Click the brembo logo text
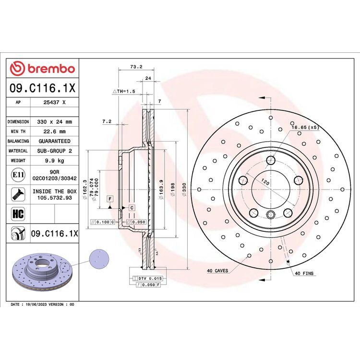(x=51, y=69)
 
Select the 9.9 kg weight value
(x=54, y=161)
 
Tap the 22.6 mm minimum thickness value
(x=54, y=132)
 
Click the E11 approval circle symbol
(x=18, y=175)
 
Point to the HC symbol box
(x=18, y=214)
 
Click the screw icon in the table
(x=18, y=194)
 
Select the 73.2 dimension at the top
(x=136, y=67)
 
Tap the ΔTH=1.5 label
(x=124, y=91)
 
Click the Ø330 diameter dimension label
(x=184, y=190)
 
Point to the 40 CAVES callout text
(x=217, y=271)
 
